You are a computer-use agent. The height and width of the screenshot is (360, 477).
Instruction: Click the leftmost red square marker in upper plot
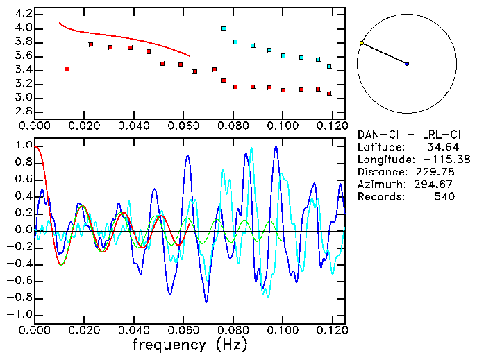pyautogui.click(x=67, y=69)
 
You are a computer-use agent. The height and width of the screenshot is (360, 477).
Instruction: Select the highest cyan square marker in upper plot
pyautogui.click(x=224, y=28)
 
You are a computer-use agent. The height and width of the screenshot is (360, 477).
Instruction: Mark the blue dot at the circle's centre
pyautogui.click(x=407, y=64)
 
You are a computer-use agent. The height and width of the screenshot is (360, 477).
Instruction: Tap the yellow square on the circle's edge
pyautogui.click(x=362, y=43)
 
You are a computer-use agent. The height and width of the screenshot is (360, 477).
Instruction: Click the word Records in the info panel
pyautogui.click(x=379, y=197)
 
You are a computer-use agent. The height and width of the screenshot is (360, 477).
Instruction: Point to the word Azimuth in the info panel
pyautogui.click(x=379, y=185)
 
